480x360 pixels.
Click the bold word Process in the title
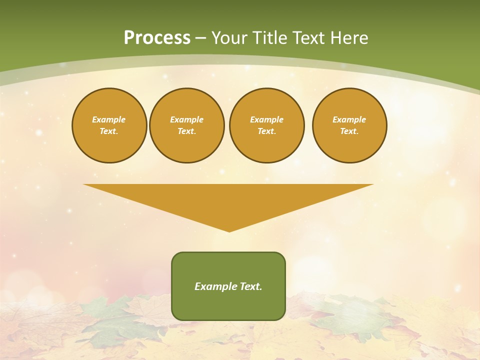[x=157, y=37]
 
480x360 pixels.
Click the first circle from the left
[x=109, y=125]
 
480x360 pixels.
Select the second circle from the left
[x=187, y=125]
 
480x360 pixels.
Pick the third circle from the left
[x=267, y=125]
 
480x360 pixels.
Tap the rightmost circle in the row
[x=349, y=125]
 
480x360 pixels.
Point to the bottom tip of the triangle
[x=229, y=230]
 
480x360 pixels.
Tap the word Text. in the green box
[x=250, y=286]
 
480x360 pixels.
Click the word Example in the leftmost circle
[x=109, y=119]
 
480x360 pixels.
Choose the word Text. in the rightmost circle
[x=349, y=131]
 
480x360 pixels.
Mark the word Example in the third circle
[x=267, y=119]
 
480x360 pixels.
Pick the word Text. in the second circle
[x=187, y=131]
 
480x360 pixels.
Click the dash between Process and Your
[x=200, y=38]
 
